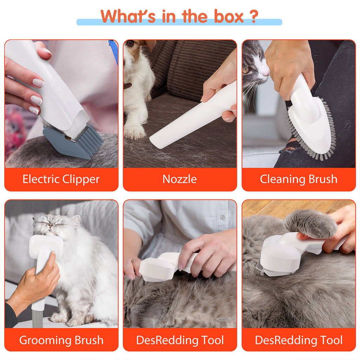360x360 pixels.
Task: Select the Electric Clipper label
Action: point(61,179)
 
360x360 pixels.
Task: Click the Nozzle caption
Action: point(180,179)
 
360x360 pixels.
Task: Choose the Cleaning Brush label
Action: point(298,179)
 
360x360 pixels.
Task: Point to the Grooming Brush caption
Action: point(61,340)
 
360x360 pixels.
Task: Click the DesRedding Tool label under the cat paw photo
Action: point(298,340)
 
